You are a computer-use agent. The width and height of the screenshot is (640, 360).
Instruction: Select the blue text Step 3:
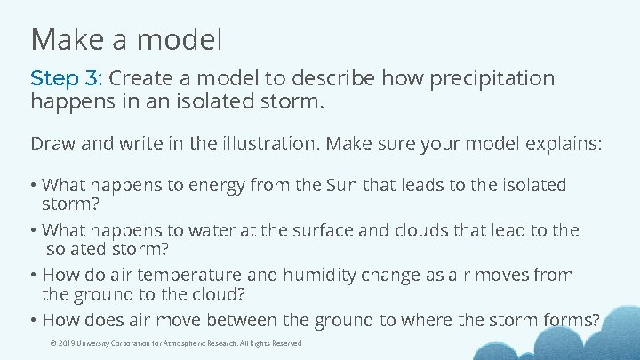(x=66, y=78)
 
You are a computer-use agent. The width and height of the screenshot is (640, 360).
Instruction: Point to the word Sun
(x=345, y=186)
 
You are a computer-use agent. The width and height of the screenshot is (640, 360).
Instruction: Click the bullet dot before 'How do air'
(x=34, y=275)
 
